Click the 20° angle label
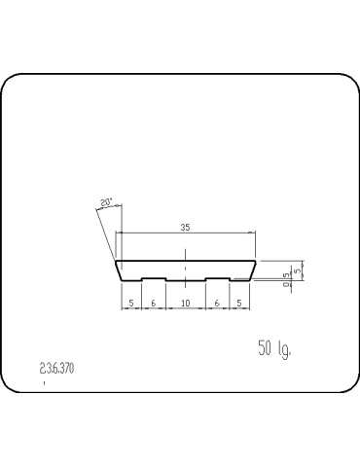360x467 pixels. click(x=105, y=202)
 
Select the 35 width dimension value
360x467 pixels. click(x=186, y=228)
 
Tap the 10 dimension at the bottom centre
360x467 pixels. click(x=185, y=304)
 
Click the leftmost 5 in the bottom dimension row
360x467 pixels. click(x=130, y=304)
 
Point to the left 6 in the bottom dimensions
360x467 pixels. click(x=153, y=304)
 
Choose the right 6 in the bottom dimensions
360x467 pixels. click(x=217, y=304)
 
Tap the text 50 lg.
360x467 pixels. click(x=274, y=348)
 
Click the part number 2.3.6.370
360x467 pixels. click(x=56, y=369)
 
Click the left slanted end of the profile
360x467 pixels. click(x=118, y=270)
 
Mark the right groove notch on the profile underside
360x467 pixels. click(x=217, y=278)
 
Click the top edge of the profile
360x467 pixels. click(x=185, y=261)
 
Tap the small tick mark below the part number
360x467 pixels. click(x=45, y=383)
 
